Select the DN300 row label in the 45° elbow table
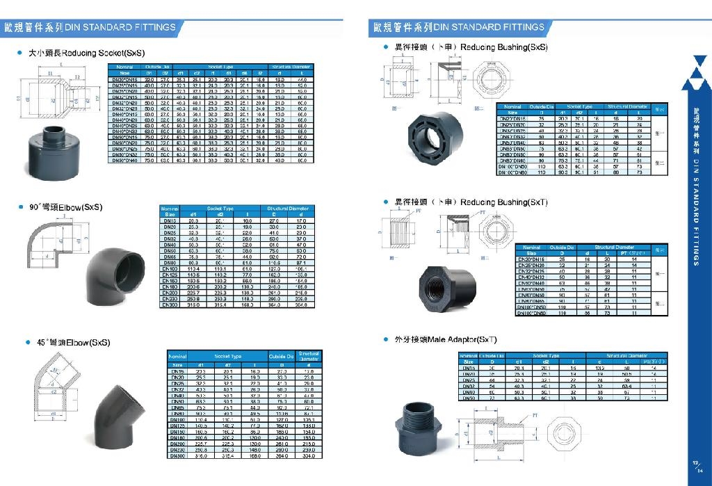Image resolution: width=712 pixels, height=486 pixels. [x=177, y=456]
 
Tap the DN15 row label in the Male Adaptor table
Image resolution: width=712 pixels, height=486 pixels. [x=468, y=368]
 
